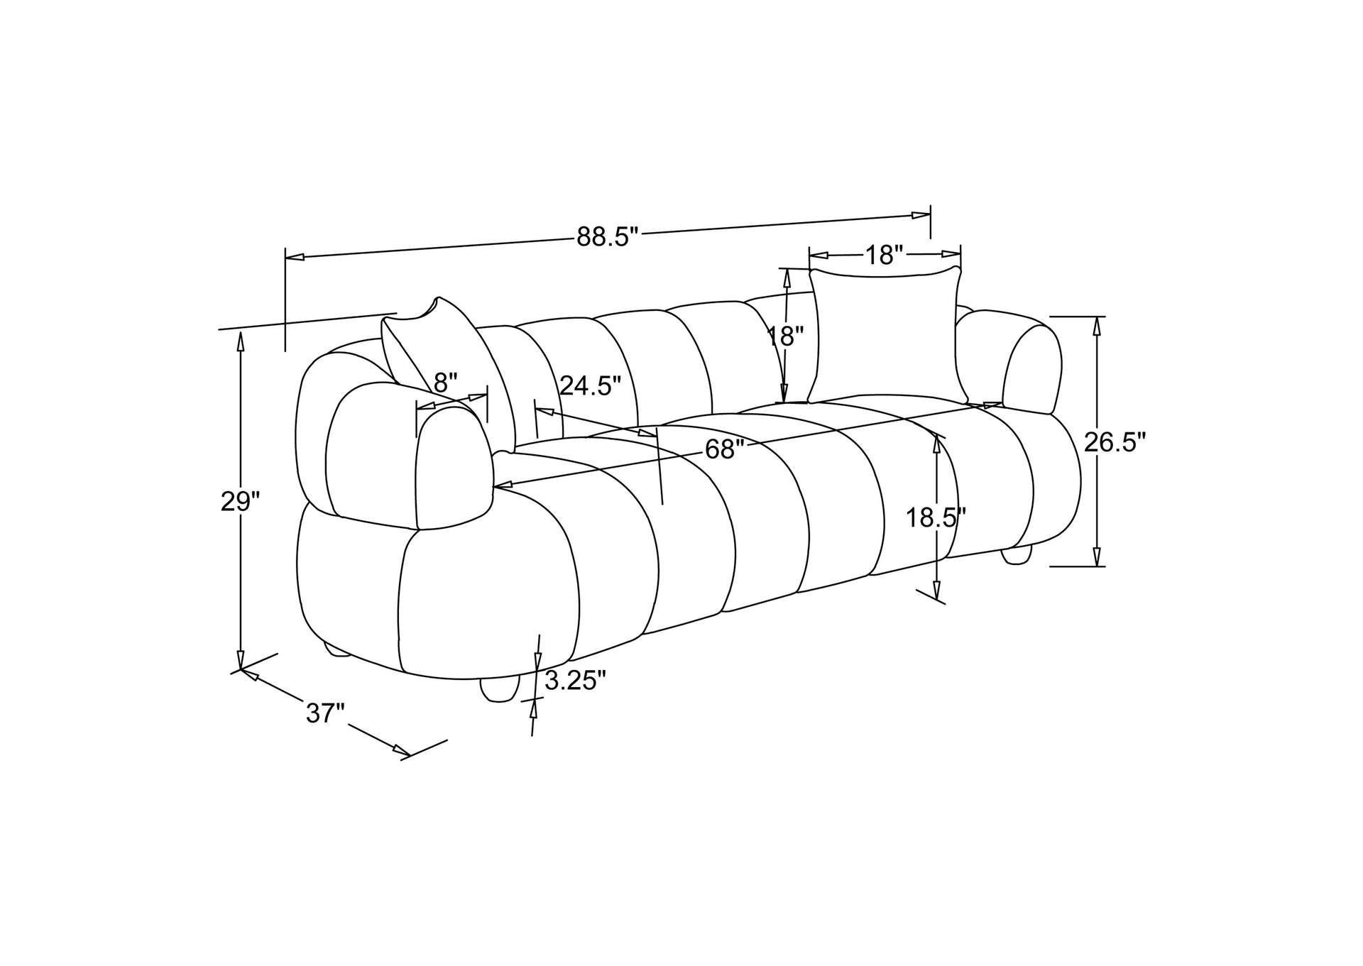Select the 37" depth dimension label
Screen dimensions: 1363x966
(x=325, y=713)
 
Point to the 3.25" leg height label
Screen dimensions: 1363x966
(x=576, y=681)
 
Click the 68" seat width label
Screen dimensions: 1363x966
(x=725, y=449)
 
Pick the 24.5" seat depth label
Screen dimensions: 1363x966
(x=591, y=386)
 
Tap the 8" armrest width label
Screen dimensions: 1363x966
(x=446, y=383)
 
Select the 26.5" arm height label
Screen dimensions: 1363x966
(x=1115, y=442)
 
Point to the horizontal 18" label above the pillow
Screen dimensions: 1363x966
(x=884, y=254)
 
